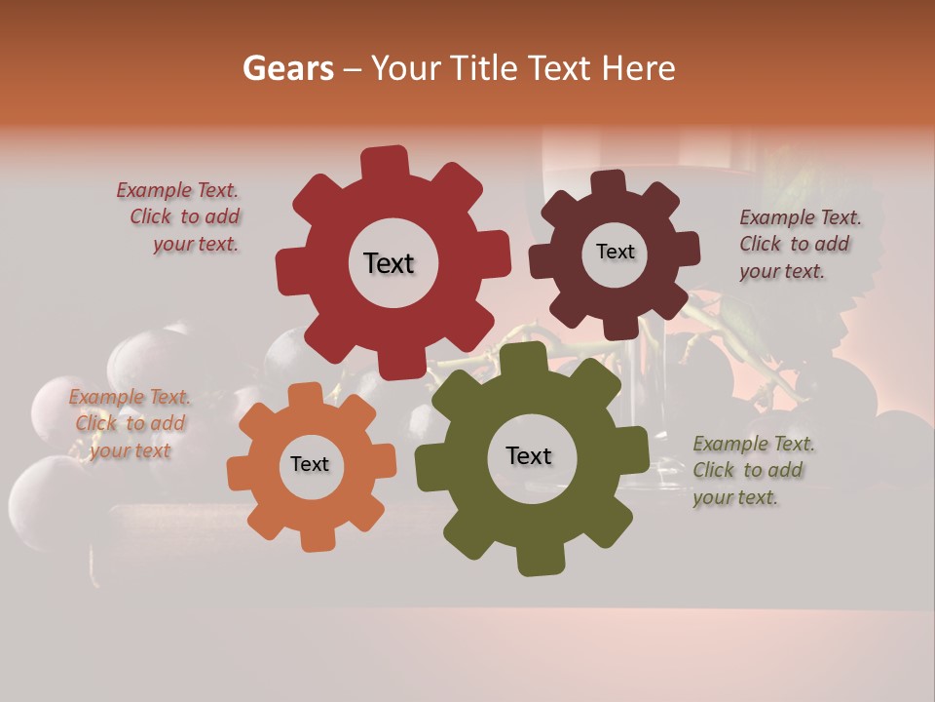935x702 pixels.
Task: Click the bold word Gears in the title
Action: pyautogui.click(x=287, y=68)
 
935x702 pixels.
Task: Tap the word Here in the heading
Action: pyautogui.click(x=638, y=68)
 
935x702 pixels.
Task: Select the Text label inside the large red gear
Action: pyautogui.click(x=389, y=263)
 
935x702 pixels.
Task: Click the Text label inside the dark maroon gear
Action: pyautogui.click(x=615, y=252)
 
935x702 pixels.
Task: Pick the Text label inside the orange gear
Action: pyautogui.click(x=310, y=465)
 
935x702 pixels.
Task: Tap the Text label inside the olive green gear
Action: pyautogui.click(x=529, y=456)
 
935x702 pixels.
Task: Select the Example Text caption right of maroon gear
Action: pyautogui.click(x=799, y=245)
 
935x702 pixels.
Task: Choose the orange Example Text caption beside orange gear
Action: pyautogui.click(x=130, y=424)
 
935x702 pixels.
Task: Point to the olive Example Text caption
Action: pyautogui.click(x=753, y=471)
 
